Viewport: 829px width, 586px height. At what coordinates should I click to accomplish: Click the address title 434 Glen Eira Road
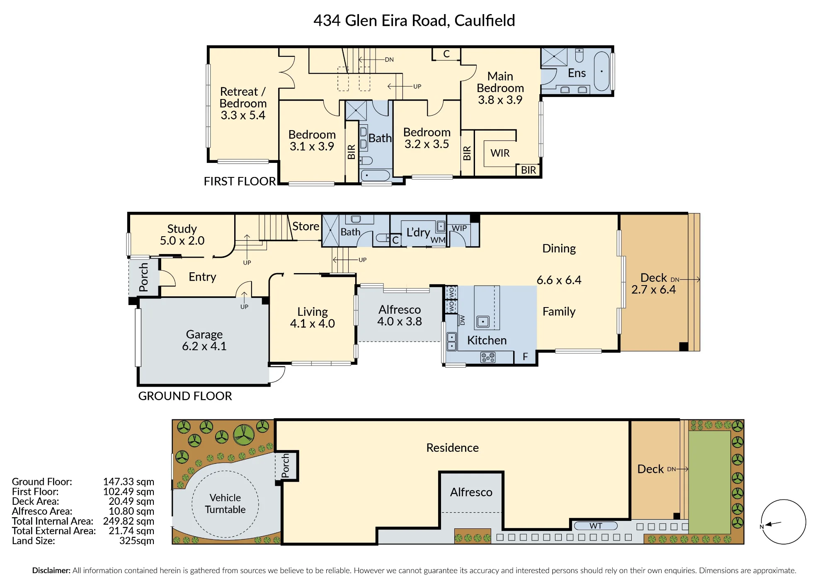[x=381, y=21]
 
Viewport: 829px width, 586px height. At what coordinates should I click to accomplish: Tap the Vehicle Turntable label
[x=225, y=504]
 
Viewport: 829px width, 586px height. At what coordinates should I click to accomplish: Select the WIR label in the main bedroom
[x=500, y=153]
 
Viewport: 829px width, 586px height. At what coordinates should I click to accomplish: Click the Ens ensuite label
[x=577, y=73]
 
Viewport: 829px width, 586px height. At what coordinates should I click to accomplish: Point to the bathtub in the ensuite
[x=602, y=71]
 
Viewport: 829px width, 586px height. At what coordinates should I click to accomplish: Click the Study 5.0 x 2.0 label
[x=182, y=235]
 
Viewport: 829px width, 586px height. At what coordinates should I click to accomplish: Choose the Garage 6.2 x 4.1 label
[x=204, y=340]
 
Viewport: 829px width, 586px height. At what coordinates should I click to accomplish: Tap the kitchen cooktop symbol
[x=488, y=357]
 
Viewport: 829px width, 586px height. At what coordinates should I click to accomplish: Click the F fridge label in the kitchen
[x=525, y=357]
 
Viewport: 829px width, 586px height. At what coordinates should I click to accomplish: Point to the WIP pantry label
[x=459, y=228]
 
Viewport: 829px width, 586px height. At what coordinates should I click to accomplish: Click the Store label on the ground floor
[x=306, y=226]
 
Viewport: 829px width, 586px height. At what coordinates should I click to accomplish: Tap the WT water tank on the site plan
[x=596, y=526]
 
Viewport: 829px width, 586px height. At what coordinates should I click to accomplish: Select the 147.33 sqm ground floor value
[x=128, y=482]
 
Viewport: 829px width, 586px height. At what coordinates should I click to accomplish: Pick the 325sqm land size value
[x=137, y=541]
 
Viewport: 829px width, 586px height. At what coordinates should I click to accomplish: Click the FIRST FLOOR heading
[x=240, y=182]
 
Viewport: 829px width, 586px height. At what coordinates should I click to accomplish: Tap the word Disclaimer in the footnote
[x=51, y=571]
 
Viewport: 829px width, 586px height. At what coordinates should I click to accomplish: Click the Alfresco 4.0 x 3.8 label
[x=400, y=315]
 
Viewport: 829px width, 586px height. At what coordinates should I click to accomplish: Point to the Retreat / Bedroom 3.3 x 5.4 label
[x=243, y=103]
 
